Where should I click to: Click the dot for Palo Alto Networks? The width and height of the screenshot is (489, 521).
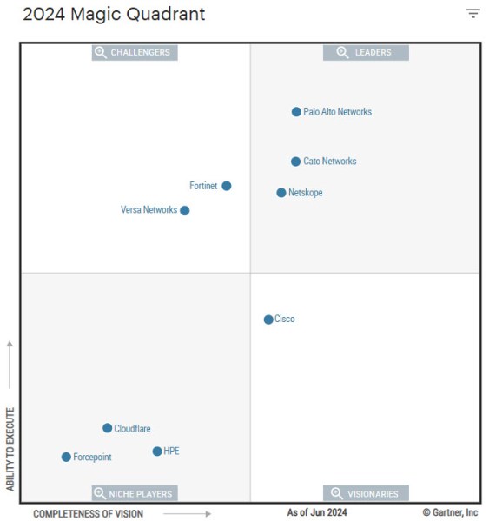pyautogui.click(x=296, y=112)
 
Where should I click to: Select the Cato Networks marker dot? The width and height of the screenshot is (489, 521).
pyautogui.click(x=296, y=162)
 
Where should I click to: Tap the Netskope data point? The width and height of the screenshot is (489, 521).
pyautogui.click(x=281, y=193)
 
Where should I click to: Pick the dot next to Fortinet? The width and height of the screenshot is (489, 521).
pyautogui.click(x=227, y=186)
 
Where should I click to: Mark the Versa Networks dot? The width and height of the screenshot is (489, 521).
pyautogui.click(x=185, y=210)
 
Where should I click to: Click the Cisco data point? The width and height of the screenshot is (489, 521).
pyautogui.click(x=268, y=320)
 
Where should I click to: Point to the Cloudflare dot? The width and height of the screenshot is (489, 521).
pyautogui.click(x=108, y=428)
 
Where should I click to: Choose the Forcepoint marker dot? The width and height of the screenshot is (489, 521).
pyautogui.click(x=66, y=458)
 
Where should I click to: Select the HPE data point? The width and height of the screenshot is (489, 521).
pyautogui.click(x=157, y=452)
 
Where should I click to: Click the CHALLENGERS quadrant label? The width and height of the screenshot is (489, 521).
pyautogui.click(x=135, y=53)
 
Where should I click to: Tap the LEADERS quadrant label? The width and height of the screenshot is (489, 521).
pyautogui.click(x=366, y=53)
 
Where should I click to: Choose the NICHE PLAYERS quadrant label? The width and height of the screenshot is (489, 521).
pyautogui.click(x=135, y=494)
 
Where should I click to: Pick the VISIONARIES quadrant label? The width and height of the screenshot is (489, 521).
pyautogui.click(x=366, y=494)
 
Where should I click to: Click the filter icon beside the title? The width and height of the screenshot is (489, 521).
pyautogui.click(x=473, y=13)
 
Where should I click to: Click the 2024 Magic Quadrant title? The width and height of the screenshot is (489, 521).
pyautogui.click(x=114, y=14)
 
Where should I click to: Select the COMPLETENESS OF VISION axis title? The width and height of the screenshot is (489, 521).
pyautogui.click(x=89, y=514)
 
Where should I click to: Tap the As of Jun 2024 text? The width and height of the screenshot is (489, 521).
pyautogui.click(x=317, y=512)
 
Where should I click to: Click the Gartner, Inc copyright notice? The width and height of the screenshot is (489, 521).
pyautogui.click(x=450, y=512)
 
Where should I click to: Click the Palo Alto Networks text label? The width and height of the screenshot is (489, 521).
pyautogui.click(x=338, y=112)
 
